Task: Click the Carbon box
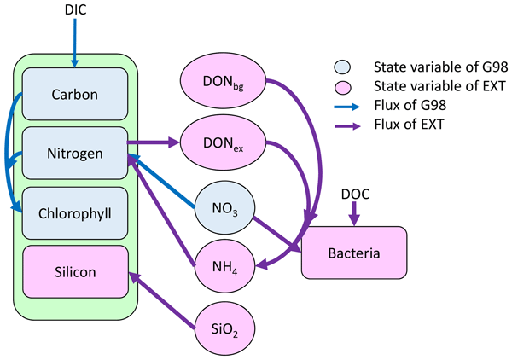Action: point(75,95)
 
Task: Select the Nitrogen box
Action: point(75,154)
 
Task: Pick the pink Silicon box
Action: point(75,271)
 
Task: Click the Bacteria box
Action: point(353,253)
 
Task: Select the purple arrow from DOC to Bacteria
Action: point(354,215)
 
